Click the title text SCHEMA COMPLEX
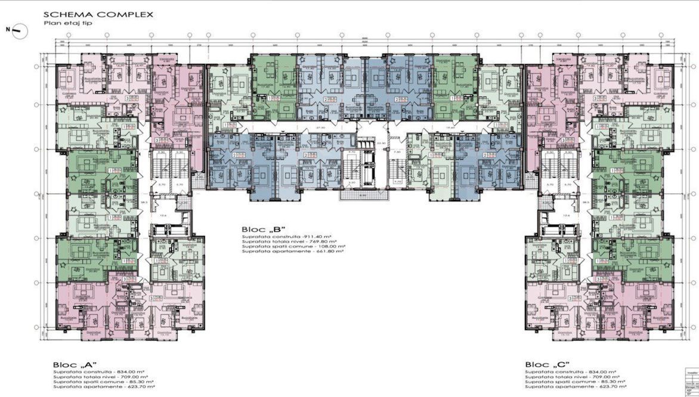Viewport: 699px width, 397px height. click(x=98, y=14)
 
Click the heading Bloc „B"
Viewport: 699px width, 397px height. click(x=264, y=229)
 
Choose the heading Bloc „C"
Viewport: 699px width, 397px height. click(x=547, y=364)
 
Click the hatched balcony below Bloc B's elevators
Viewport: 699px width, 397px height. click(x=363, y=194)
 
